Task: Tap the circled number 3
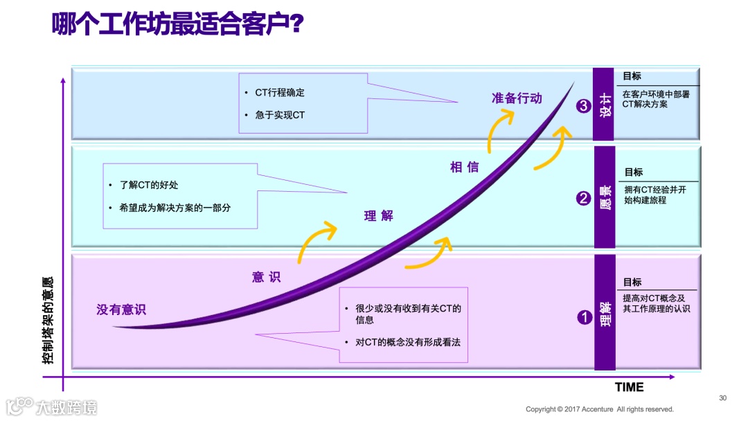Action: [x=583, y=106]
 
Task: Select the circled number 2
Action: [x=583, y=199]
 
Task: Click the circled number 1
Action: [x=584, y=317]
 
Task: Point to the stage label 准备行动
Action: [x=517, y=98]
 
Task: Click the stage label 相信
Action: [x=464, y=167]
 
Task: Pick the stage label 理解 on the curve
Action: [x=378, y=215]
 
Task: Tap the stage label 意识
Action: [x=266, y=277]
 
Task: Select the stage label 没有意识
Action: [x=121, y=310]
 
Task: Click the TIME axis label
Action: [x=629, y=387]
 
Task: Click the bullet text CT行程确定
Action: [x=280, y=92]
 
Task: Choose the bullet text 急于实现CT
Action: [x=280, y=115]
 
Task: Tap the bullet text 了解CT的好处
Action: [x=149, y=185]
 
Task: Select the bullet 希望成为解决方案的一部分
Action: [x=175, y=207]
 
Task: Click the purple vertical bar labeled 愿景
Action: [x=604, y=197]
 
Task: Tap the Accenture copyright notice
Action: [x=599, y=409]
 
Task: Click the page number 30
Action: [x=723, y=397]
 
